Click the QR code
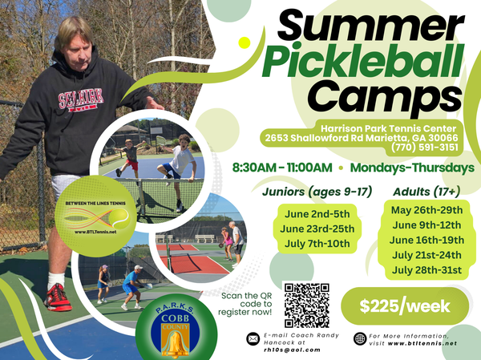pos(306,305)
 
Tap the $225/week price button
pos(405,306)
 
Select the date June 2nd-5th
pos(317,214)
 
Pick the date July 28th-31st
pos(426,270)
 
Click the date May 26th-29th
pos(426,210)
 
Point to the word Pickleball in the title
pos(362,61)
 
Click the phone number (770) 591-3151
pos(424,147)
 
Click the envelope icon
pos(253,339)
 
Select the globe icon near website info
pos(360,339)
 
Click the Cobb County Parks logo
pos(176,327)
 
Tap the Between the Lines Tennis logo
pos(95,216)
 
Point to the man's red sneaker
pos(58,297)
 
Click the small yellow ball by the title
pos(245,42)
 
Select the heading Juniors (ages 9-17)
pos(317,192)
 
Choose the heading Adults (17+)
pos(426,192)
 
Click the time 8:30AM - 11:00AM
pos(282,168)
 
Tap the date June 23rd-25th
pos(317,229)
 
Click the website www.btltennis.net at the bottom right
pos(422,343)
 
